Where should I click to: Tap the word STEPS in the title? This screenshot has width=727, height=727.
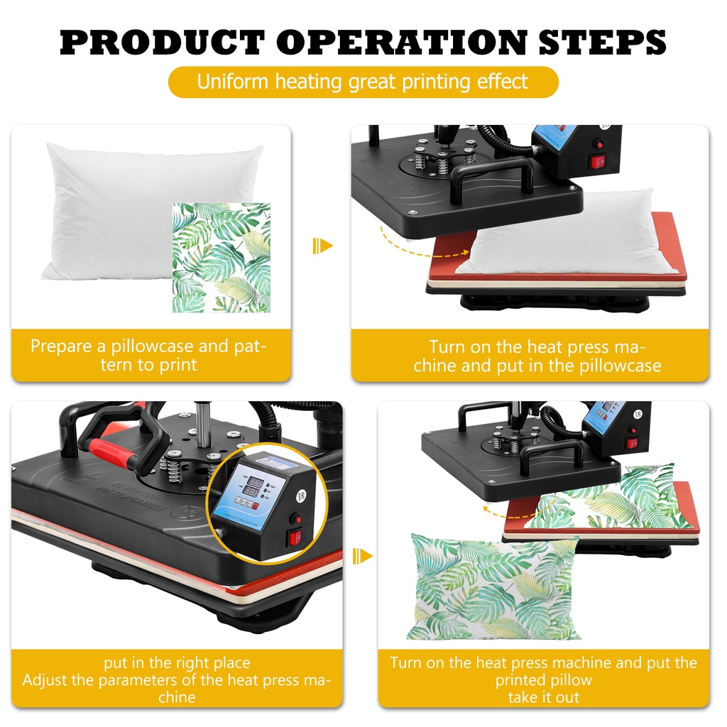(x=602, y=42)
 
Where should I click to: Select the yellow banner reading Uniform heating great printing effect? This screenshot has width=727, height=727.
(x=363, y=82)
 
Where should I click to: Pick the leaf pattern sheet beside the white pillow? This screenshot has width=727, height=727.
(x=222, y=257)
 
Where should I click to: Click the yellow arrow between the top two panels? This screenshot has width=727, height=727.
(x=323, y=246)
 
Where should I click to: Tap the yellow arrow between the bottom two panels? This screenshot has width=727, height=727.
(x=362, y=556)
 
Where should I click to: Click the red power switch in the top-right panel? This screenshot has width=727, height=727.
(x=596, y=163)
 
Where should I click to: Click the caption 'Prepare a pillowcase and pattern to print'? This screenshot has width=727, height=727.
(x=148, y=356)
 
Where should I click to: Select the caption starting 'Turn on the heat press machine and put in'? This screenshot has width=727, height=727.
(x=537, y=356)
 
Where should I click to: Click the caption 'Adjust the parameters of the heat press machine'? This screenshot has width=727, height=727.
(x=177, y=689)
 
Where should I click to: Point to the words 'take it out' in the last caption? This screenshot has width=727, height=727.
(x=543, y=697)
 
